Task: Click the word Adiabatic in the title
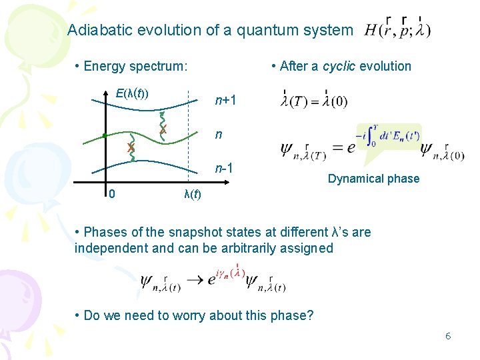(95, 30)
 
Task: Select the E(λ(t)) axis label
(132, 93)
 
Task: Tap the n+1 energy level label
(225, 101)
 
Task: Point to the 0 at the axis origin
(112, 194)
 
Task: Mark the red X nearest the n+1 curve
(163, 128)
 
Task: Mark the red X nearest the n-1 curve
(131, 147)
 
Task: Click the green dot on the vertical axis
(105, 136)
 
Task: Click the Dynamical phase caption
(373, 179)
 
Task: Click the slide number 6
(448, 336)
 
